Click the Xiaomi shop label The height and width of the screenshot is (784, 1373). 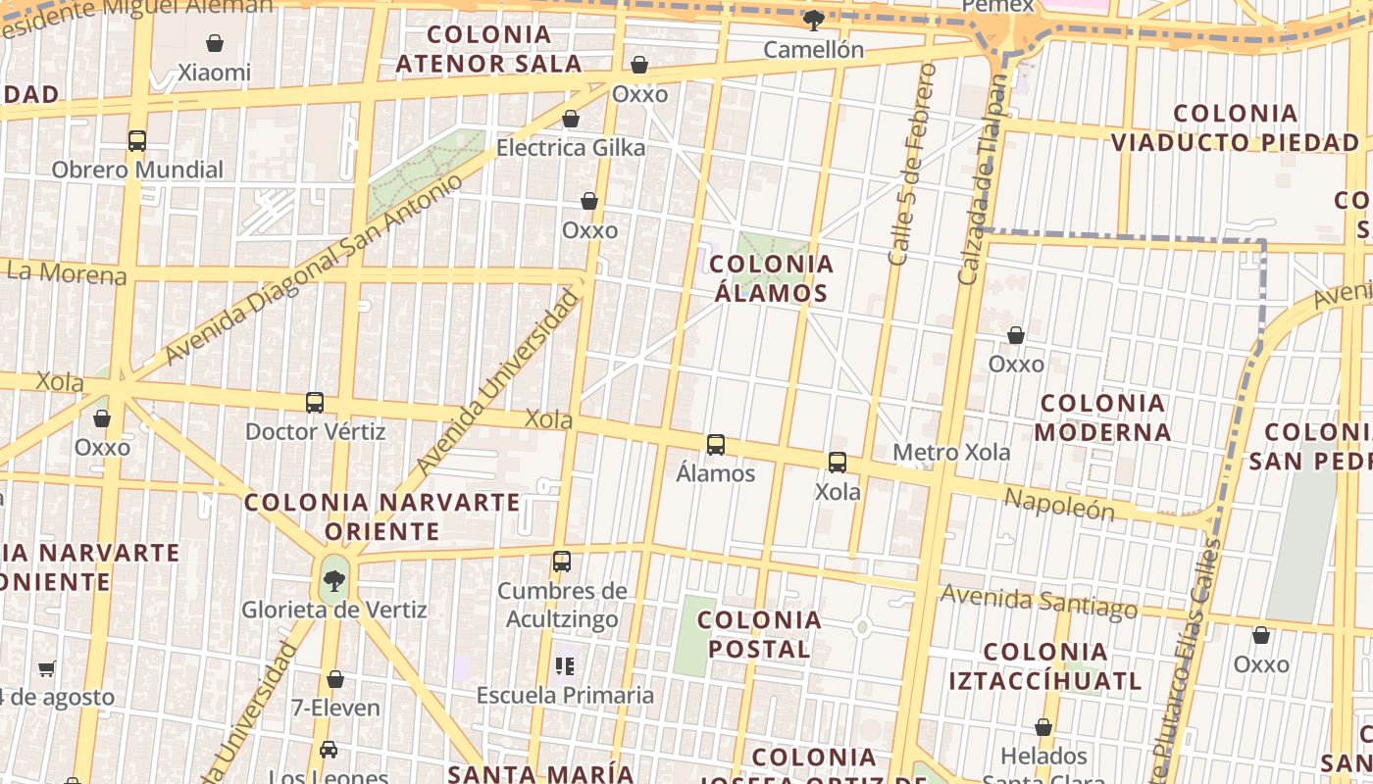pos(214,73)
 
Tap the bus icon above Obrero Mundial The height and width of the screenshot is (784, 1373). pos(137,141)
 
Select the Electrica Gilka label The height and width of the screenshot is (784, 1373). pos(571,148)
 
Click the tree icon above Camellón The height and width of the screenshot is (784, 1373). pos(813,20)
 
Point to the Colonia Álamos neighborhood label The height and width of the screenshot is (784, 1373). pos(771,278)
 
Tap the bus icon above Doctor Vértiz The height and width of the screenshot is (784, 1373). pos(315,403)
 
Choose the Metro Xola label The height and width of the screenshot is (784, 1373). pos(951,453)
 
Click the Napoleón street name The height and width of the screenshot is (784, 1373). pos(1059,504)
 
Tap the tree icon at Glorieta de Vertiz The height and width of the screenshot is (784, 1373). pos(334,581)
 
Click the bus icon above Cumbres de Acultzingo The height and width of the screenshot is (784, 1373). pos(562,563)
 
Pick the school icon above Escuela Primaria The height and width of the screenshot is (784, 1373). pos(564,667)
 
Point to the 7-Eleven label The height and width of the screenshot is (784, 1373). pos(335,707)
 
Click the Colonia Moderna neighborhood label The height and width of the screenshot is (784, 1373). pos(1102,417)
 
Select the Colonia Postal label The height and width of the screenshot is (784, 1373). pos(760,634)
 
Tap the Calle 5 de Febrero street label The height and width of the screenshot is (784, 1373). pos(912,165)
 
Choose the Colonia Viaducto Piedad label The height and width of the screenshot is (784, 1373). pos(1235,128)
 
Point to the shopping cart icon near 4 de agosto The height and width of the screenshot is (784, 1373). pos(47,669)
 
